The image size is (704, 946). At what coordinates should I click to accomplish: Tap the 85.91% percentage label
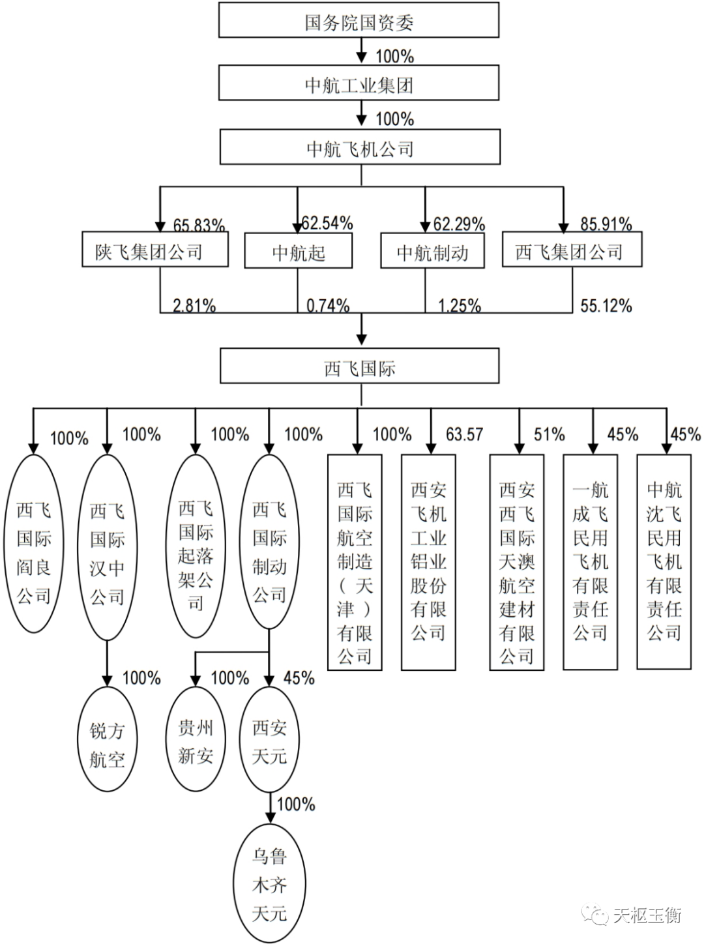tap(606, 224)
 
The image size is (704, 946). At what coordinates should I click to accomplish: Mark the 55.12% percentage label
tap(606, 305)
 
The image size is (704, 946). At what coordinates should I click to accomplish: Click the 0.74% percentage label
tap(328, 305)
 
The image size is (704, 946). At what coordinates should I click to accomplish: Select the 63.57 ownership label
tap(464, 434)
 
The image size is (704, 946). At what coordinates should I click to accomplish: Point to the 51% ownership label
tap(549, 434)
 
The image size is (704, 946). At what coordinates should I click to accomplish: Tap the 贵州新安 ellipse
tap(196, 742)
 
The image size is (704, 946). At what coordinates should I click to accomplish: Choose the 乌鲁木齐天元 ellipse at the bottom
tap(269, 884)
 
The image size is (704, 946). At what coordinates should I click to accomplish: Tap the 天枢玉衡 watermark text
tap(647, 915)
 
